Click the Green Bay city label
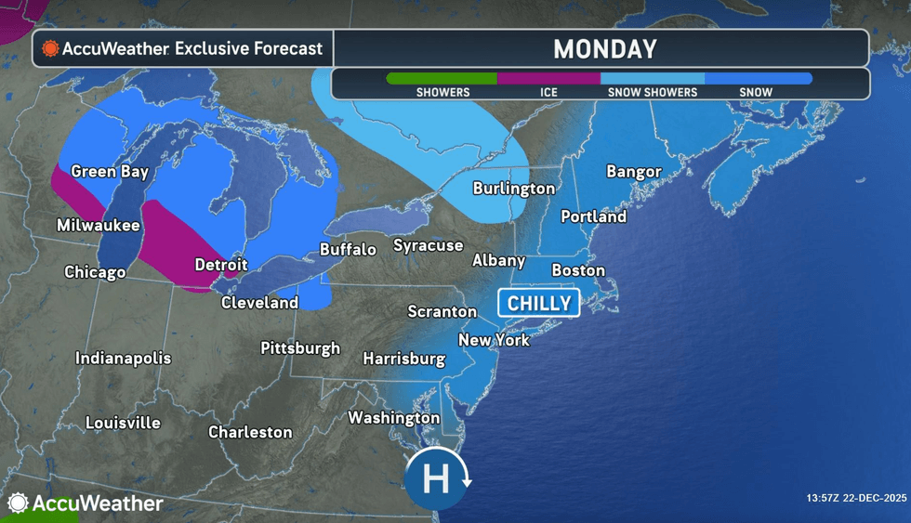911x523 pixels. [110, 171]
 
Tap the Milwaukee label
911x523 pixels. [98, 225]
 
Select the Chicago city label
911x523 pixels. [95, 272]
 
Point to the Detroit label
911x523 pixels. [220, 265]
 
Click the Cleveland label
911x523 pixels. [259, 302]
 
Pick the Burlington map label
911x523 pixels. [513, 188]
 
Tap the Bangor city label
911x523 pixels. [633, 171]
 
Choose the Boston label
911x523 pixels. [578, 270]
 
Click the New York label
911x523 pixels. [494, 340]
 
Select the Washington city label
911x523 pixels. [393, 418]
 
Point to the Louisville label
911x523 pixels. [123, 423]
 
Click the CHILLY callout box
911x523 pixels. [538, 304]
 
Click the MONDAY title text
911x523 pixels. [604, 48]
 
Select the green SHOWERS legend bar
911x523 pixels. [442, 79]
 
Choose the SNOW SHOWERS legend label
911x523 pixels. [652, 93]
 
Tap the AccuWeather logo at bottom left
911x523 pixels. [85, 503]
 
